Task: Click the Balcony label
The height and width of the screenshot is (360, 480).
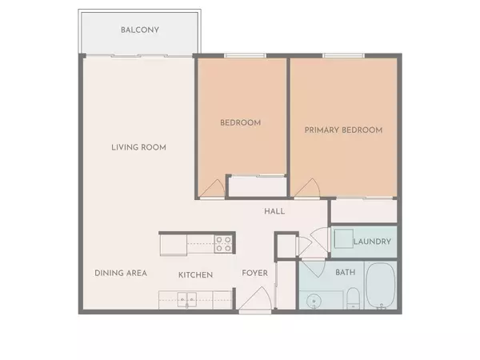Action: coord(140,30)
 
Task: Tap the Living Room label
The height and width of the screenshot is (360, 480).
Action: coord(143,147)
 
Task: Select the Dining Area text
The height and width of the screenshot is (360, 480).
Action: coord(121,274)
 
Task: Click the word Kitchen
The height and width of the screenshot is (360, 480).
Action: coord(195,274)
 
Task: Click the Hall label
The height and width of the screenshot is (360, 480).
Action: coord(274,211)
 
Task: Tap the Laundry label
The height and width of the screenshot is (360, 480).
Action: coord(372,242)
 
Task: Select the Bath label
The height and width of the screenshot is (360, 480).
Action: coord(346,273)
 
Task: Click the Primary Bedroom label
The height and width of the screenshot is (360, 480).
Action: coord(343,130)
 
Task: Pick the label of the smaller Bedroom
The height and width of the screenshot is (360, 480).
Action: coord(241,122)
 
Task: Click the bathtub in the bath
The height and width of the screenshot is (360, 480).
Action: coord(381,286)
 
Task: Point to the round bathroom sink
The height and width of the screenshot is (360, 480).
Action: coord(314,300)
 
